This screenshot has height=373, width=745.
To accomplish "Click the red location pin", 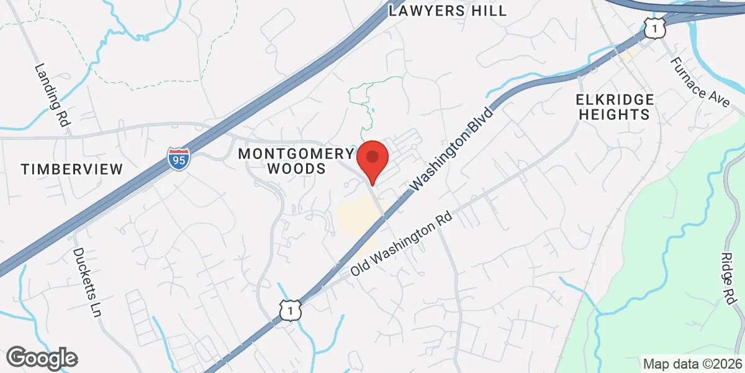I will pyautogui.click(x=372, y=159).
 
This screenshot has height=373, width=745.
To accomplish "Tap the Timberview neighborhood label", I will pyautogui.click(x=72, y=168).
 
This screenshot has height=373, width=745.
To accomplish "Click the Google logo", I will pyautogui.click(x=42, y=357).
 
